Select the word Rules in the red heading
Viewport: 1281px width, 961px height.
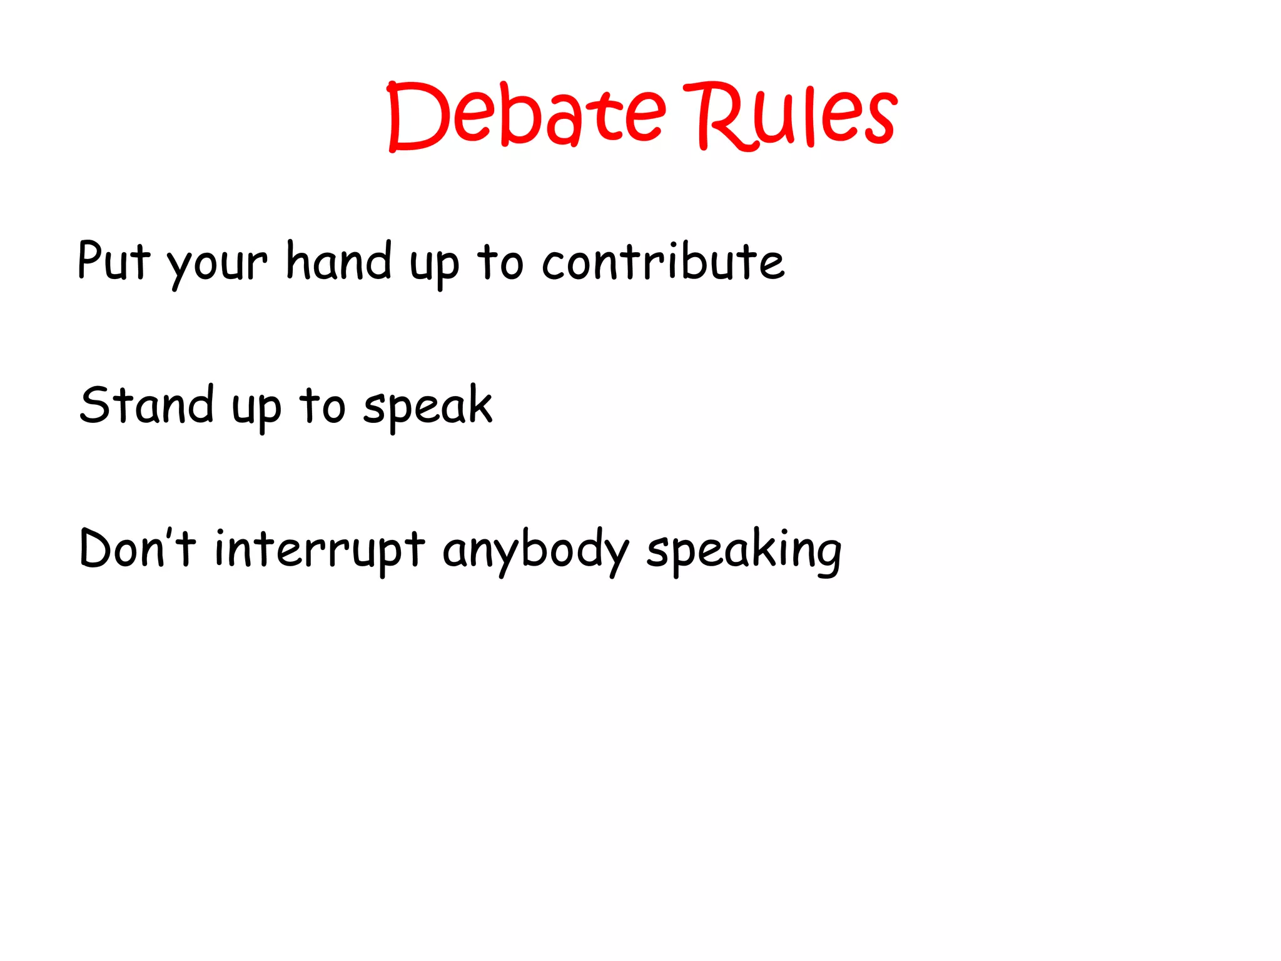point(791,116)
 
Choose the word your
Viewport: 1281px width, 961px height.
point(217,265)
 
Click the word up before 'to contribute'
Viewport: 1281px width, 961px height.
point(434,267)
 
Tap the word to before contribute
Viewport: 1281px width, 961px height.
point(500,263)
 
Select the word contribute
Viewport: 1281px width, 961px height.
point(662,261)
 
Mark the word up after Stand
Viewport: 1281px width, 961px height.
point(256,410)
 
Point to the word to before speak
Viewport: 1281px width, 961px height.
point(322,406)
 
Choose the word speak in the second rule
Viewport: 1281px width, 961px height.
point(428,407)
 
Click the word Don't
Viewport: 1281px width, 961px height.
point(138,548)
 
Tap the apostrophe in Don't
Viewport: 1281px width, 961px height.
point(170,535)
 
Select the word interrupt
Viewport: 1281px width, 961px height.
point(320,549)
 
